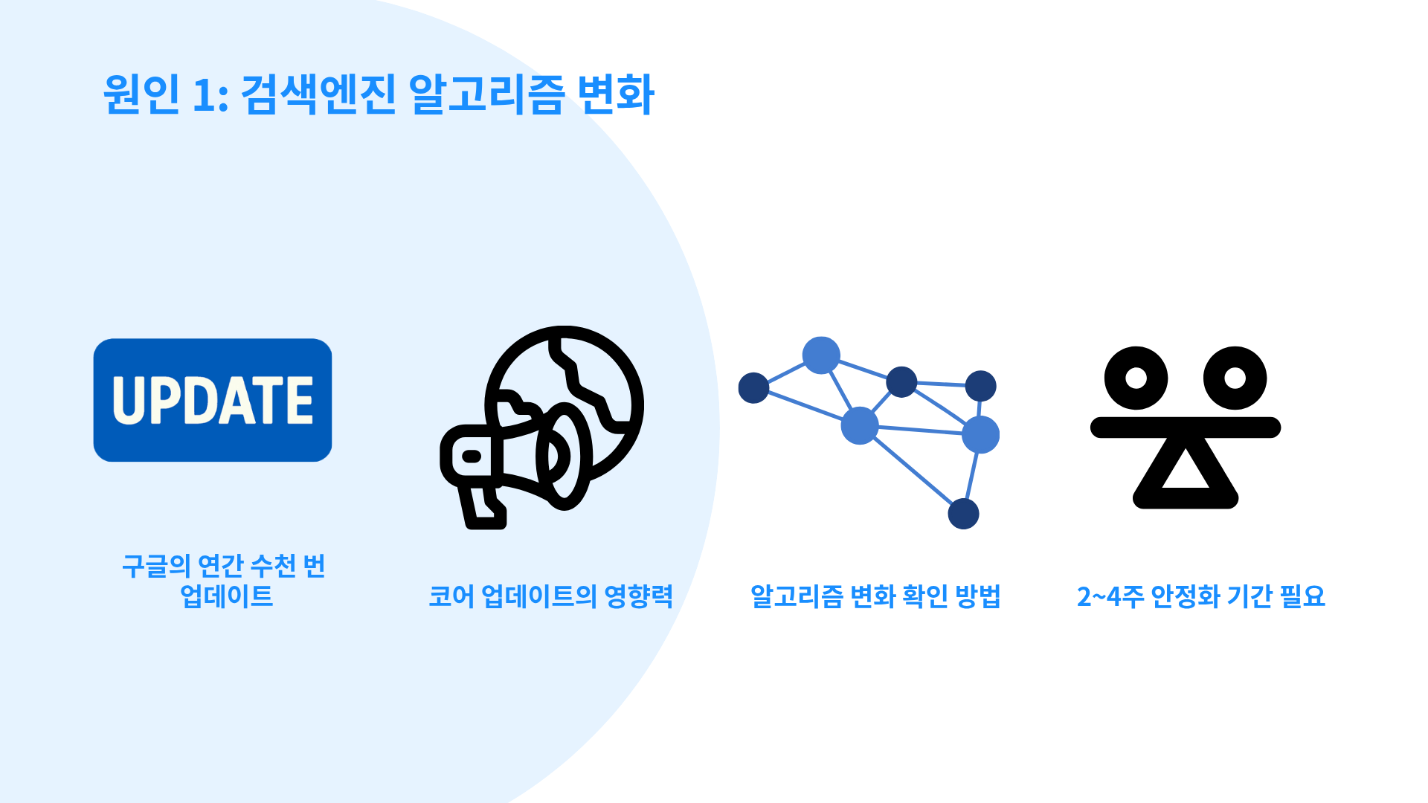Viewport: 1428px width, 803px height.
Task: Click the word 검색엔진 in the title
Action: click(x=319, y=94)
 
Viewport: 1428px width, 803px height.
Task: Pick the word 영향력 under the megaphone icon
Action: click(x=639, y=596)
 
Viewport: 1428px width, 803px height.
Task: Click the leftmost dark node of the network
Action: click(x=753, y=388)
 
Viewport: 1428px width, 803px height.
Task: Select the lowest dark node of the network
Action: click(x=964, y=514)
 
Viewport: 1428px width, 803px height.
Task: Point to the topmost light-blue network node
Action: click(x=821, y=355)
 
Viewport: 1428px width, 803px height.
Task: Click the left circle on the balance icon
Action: click(x=1136, y=378)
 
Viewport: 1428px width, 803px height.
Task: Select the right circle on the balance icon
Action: click(x=1235, y=378)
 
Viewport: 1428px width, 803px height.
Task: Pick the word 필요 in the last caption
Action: click(x=1302, y=596)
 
